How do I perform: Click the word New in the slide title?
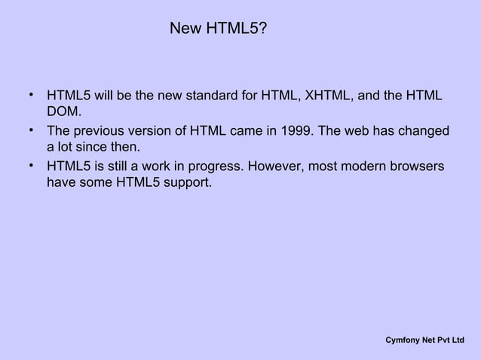183,29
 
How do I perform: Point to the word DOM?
63,113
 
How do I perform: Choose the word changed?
423,131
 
